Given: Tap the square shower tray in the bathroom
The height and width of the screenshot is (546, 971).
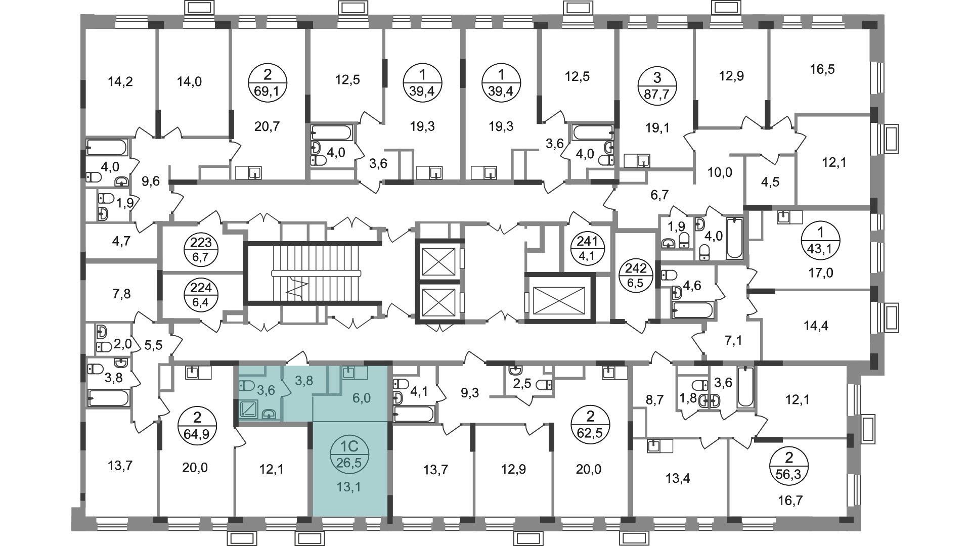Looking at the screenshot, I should (249, 409).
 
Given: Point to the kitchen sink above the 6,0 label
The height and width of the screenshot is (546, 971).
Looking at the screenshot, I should (348, 373).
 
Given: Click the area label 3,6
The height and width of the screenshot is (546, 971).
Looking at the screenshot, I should (266, 390).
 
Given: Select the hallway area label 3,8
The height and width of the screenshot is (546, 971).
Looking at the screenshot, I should (304, 381).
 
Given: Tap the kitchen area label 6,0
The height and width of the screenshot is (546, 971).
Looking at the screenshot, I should (362, 398).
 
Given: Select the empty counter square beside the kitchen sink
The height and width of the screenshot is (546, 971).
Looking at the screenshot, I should (361, 373).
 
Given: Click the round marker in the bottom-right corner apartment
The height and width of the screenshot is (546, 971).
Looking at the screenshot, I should (788, 465).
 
